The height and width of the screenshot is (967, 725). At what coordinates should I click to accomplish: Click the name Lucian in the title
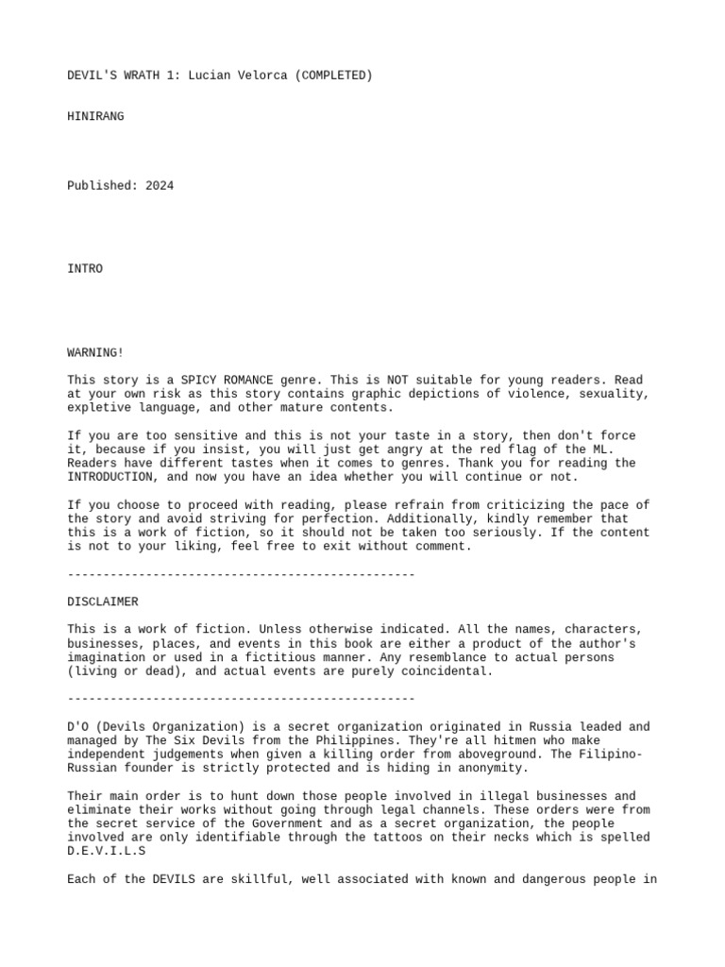pos(210,76)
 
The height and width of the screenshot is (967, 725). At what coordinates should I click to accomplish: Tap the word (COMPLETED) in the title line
pos(334,76)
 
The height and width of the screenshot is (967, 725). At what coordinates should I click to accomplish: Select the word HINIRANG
pos(95,117)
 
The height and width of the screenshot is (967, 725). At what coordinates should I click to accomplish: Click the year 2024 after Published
pos(160,186)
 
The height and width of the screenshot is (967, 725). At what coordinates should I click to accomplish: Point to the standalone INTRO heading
pos(85,269)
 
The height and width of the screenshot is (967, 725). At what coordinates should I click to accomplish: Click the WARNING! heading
pos(95,352)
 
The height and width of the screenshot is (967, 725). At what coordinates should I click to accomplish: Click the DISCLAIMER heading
pos(103,602)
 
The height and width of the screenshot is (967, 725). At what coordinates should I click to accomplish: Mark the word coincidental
pos(447,671)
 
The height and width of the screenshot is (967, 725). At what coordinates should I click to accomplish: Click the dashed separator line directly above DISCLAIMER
pos(241,574)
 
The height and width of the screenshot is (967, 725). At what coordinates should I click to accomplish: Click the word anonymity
pos(494,769)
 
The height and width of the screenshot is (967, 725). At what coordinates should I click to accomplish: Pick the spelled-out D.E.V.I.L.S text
pos(107,851)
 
